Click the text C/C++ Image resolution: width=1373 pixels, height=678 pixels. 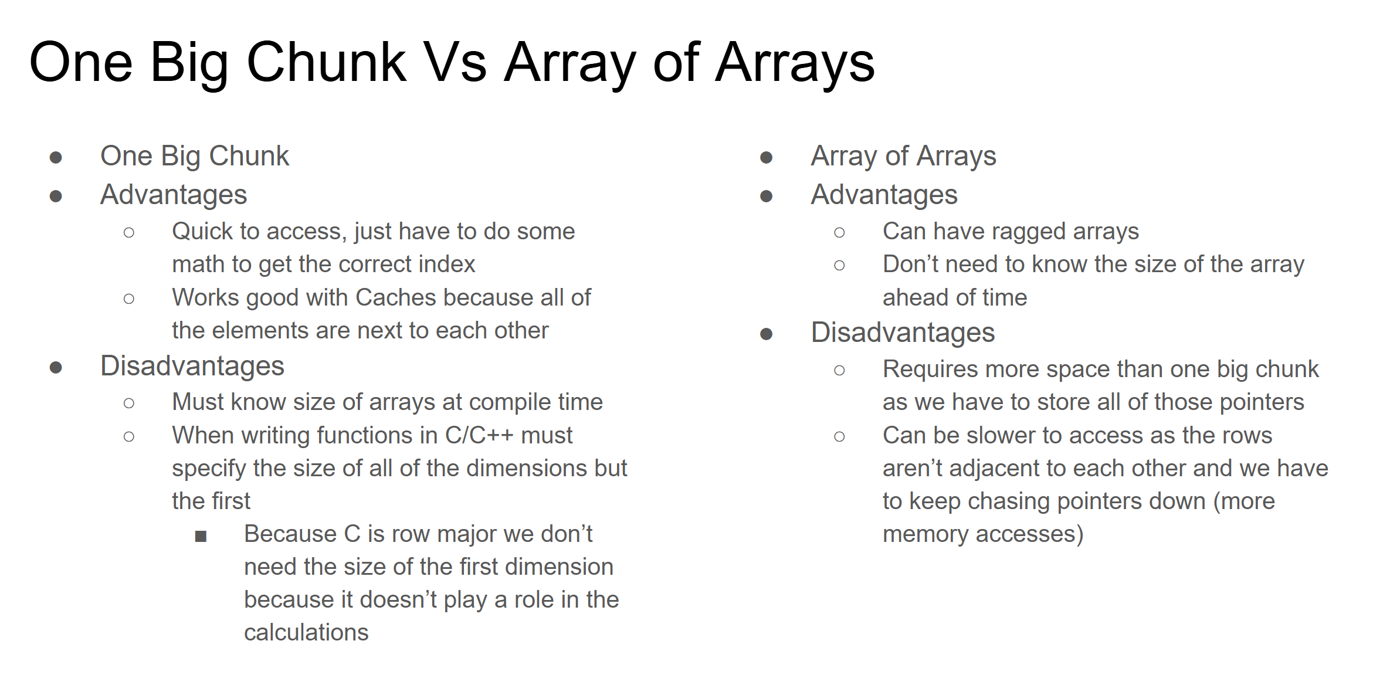coord(479,435)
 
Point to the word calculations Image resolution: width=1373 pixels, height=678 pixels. coord(306,633)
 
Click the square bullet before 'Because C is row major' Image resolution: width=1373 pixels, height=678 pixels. coord(201,536)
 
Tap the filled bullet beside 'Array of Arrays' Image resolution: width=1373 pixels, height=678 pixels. coord(766,157)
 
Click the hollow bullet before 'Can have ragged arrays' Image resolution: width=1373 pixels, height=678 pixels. coord(839,233)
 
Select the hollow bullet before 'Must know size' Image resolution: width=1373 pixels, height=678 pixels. coord(129,403)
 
